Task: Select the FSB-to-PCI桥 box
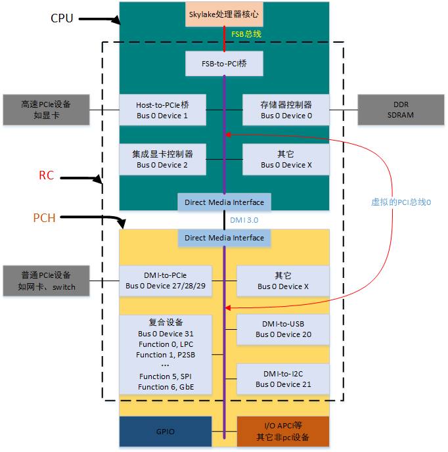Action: click(x=225, y=63)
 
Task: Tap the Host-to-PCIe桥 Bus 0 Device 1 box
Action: click(x=162, y=110)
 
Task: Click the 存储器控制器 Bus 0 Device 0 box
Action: click(x=286, y=110)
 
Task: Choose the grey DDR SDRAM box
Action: click(x=401, y=110)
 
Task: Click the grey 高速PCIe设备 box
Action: click(x=46, y=110)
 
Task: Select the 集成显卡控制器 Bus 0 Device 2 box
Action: click(x=162, y=159)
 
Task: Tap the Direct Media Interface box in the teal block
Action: click(x=225, y=202)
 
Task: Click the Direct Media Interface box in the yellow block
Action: click(x=225, y=238)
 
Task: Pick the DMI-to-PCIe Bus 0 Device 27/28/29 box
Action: click(x=165, y=281)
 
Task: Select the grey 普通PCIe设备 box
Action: click(x=46, y=281)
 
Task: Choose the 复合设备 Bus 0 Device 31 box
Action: click(x=166, y=355)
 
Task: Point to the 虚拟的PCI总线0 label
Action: click(x=401, y=202)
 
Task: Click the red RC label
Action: click(x=46, y=175)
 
